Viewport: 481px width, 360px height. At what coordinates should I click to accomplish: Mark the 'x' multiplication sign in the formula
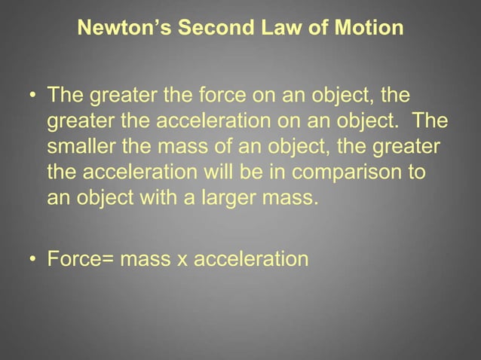tap(182, 261)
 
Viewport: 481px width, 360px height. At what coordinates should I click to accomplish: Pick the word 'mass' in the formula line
tap(144, 261)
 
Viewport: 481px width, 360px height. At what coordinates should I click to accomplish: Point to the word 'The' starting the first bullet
tap(66, 97)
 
